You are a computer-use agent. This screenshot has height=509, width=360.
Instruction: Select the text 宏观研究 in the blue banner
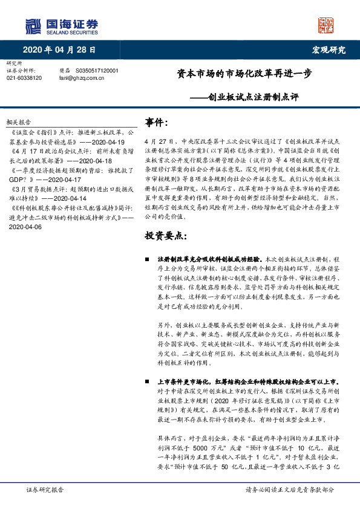click(328, 49)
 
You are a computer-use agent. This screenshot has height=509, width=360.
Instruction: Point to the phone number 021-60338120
click(24, 78)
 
